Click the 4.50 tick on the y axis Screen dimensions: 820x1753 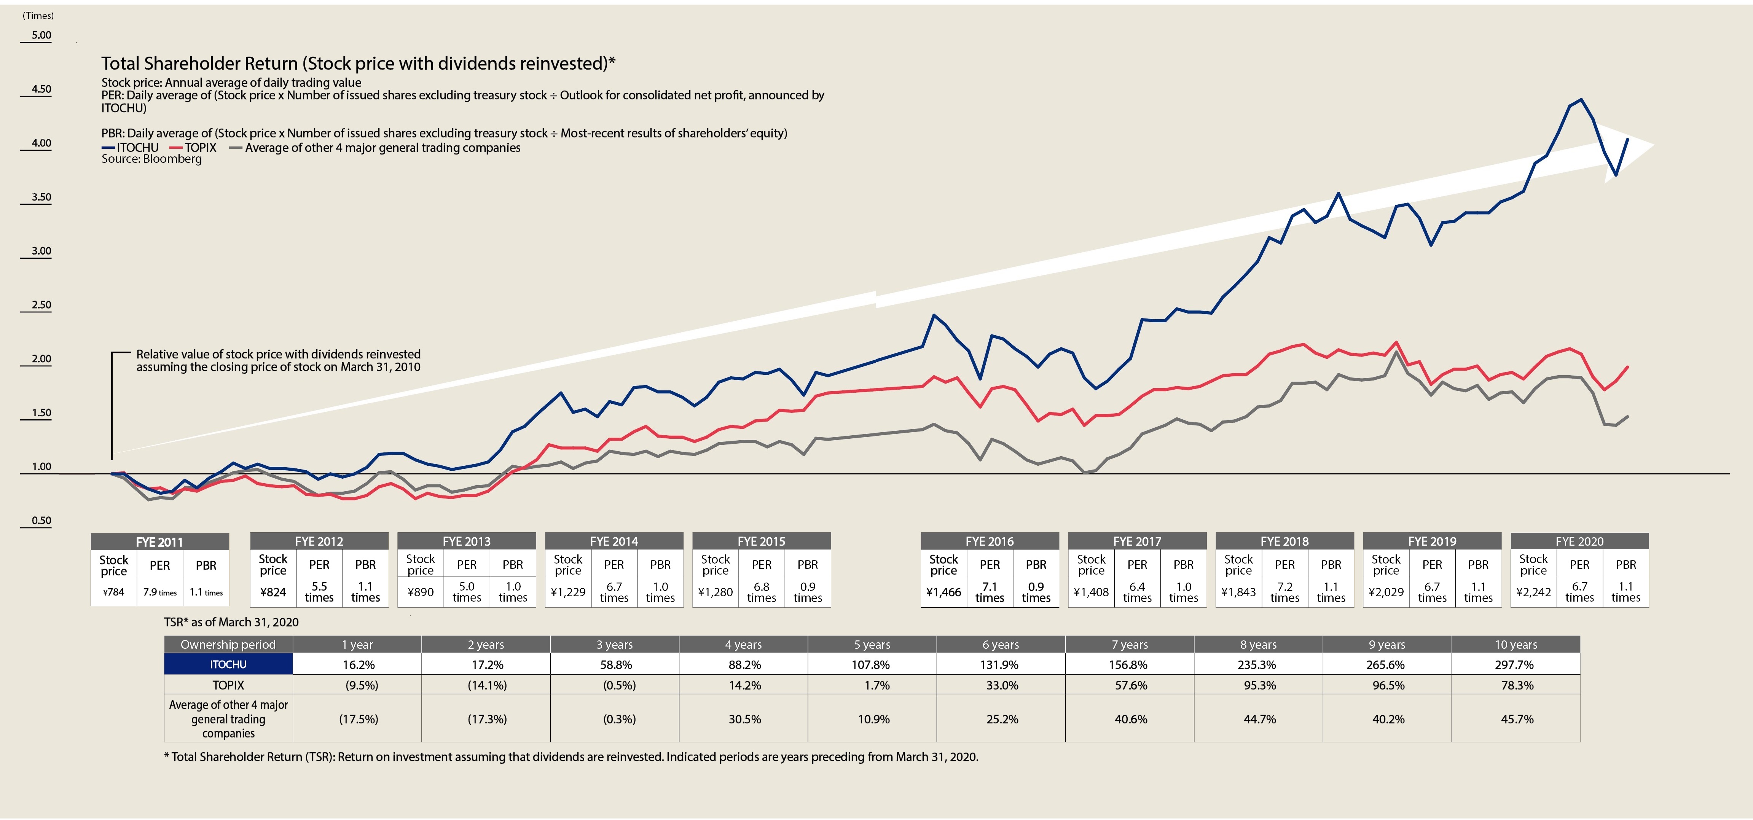pyautogui.click(x=41, y=89)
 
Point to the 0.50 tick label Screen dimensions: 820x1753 pyautogui.click(x=41, y=521)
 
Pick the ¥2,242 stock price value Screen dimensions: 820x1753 pyautogui.click(x=1533, y=592)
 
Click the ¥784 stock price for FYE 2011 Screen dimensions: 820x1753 pyautogui.click(x=114, y=592)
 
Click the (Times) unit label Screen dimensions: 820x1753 pyautogui.click(x=38, y=15)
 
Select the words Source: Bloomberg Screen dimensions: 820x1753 pyautogui.click(x=152, y=159)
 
